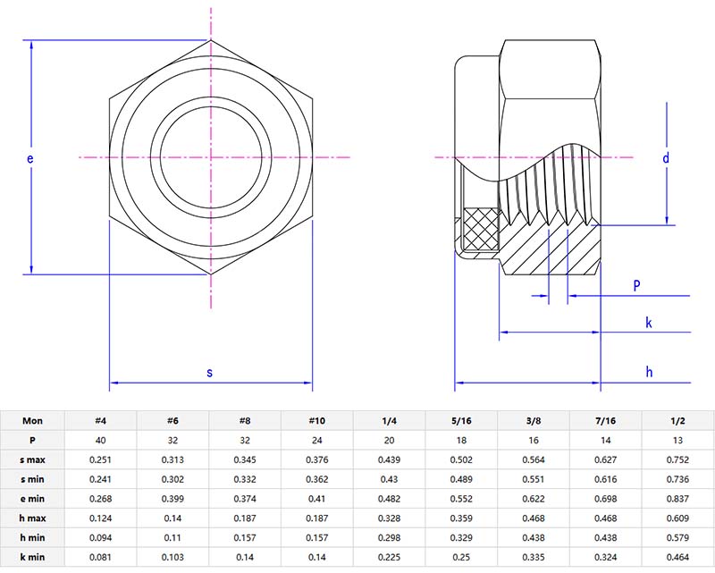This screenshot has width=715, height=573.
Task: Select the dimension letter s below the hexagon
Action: (x=210, y=372)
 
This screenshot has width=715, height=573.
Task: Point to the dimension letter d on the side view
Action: (x=666, y=158)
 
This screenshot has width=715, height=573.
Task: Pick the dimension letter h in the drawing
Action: (x=650, y=372)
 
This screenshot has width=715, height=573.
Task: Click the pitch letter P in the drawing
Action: (x=636, y=285)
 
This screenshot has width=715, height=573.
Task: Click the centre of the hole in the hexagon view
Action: (x=211, y=157)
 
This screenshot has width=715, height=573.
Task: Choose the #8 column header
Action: (x=244, y=421)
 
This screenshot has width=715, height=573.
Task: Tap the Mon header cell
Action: (x=32, y=421)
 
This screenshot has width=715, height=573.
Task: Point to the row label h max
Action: (x=32, y=518)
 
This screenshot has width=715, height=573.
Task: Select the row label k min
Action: (x=32, y=557)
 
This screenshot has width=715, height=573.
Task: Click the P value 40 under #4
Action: (x=101, y=440)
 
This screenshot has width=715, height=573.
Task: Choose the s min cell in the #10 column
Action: (x=317, y=479)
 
